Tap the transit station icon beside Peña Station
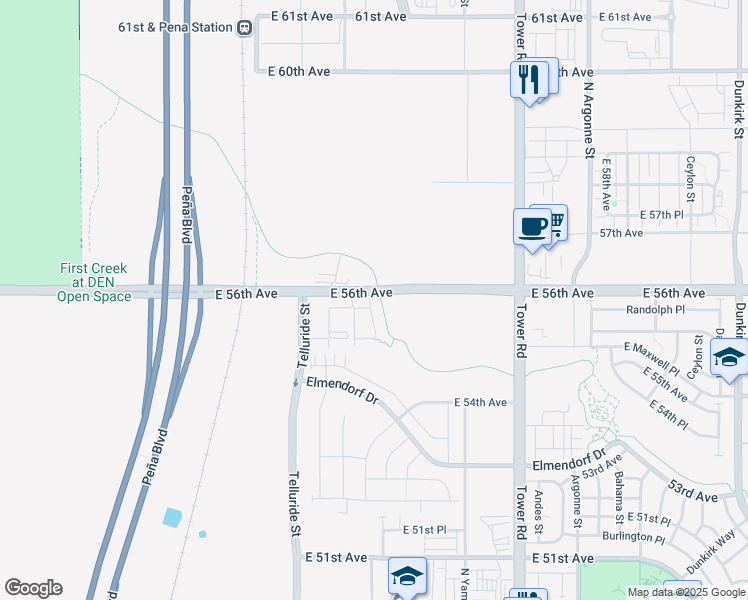point(244,28)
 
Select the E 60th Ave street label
point(299,71)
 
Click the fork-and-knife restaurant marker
point(528,78)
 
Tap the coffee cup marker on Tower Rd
point(531,226)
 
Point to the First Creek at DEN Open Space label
point(94,282)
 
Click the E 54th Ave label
point(480,402)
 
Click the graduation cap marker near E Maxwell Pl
point(729,357)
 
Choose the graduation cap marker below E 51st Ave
point(407,576)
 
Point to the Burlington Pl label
point(633,537)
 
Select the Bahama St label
point(619,500)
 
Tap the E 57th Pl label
point(661,215)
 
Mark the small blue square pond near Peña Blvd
point(172,517)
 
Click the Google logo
point(33,588)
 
